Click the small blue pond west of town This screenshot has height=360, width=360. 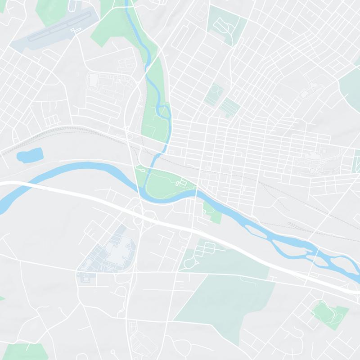tap(29, 154)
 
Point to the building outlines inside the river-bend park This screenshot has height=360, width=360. tap(182, 183)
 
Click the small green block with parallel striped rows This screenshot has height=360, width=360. tap(230, 107)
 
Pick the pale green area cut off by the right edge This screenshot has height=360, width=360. tap(351, 83)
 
